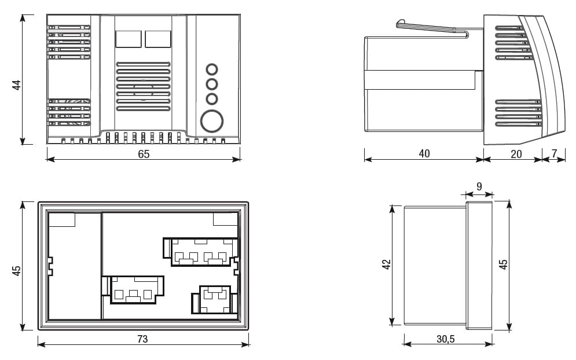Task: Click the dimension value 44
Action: click(x=17, y=85)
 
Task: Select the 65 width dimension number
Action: click(x=144, y=154)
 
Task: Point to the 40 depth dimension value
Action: click(x=424, y=154)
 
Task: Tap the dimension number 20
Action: click(x=516, y=154)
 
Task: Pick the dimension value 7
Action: click(x=555, y=154)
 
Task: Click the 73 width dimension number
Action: click(x=142, y=339)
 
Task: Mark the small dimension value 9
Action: click(x=479, y=186)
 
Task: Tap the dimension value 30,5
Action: click(x=445, y=339)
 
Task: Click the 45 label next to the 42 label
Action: click(x=504, y=264)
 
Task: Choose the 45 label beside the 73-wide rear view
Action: click(x=17, y=270)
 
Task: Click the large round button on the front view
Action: click(x=211, y=122)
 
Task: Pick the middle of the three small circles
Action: click(x=212, y=85)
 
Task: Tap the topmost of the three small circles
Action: click(x=212, y=69)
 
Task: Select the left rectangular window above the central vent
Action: click(x=128, y=39)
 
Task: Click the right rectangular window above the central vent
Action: click(x=157, y=39)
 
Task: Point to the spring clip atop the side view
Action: click(x=431, y=28)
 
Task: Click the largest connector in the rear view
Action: click(x=201, y=252)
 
